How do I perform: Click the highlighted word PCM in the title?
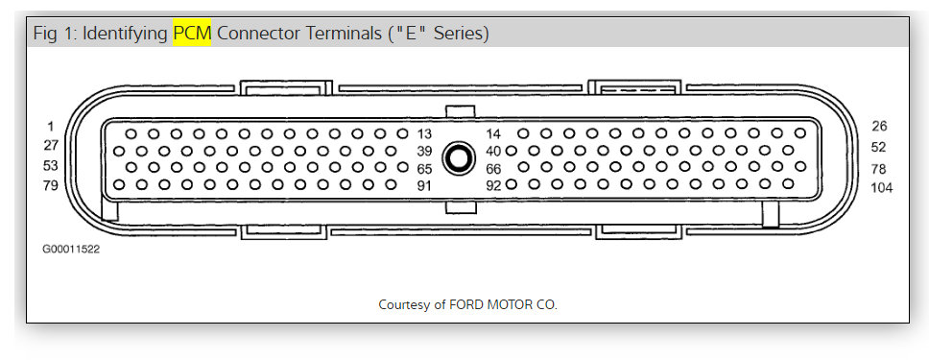(x=192, y=34)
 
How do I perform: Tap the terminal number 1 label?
(x=51, y=126)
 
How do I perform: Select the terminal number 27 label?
(x=51, y=145)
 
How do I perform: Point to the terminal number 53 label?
(x=51, y=165)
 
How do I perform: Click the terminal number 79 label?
(x=51, y=185)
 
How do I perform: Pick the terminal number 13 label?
(x=425, y=133)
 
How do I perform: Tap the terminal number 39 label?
(x=425, y=151)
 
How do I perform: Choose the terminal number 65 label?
(x=425, y=168)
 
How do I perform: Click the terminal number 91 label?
(x=425, y=186)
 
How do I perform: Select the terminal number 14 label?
(x=493, y=134)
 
